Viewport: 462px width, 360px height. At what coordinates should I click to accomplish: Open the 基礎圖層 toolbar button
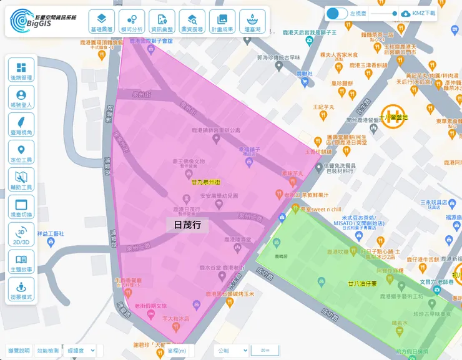click(x=101, y=21)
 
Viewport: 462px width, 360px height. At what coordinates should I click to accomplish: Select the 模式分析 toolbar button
click(x=131, y=21)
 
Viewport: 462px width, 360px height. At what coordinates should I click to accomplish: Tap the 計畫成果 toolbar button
click(x=222, y=21)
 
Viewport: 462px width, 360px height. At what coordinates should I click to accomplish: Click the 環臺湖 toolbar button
click(x=252, y=21)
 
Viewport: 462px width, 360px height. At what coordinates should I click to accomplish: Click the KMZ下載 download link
click(x=418, y=13)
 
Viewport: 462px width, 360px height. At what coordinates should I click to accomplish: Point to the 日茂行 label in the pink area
click(x=187, y=225)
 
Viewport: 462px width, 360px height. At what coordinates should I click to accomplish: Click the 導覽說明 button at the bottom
click(x=18, y=351)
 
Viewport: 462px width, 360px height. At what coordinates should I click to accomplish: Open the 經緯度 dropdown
click(x=81, y=351)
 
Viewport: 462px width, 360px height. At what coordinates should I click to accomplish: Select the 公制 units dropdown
click(x=231, y=351)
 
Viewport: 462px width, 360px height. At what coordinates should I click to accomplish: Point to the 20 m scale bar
click(x=265, y=351)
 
